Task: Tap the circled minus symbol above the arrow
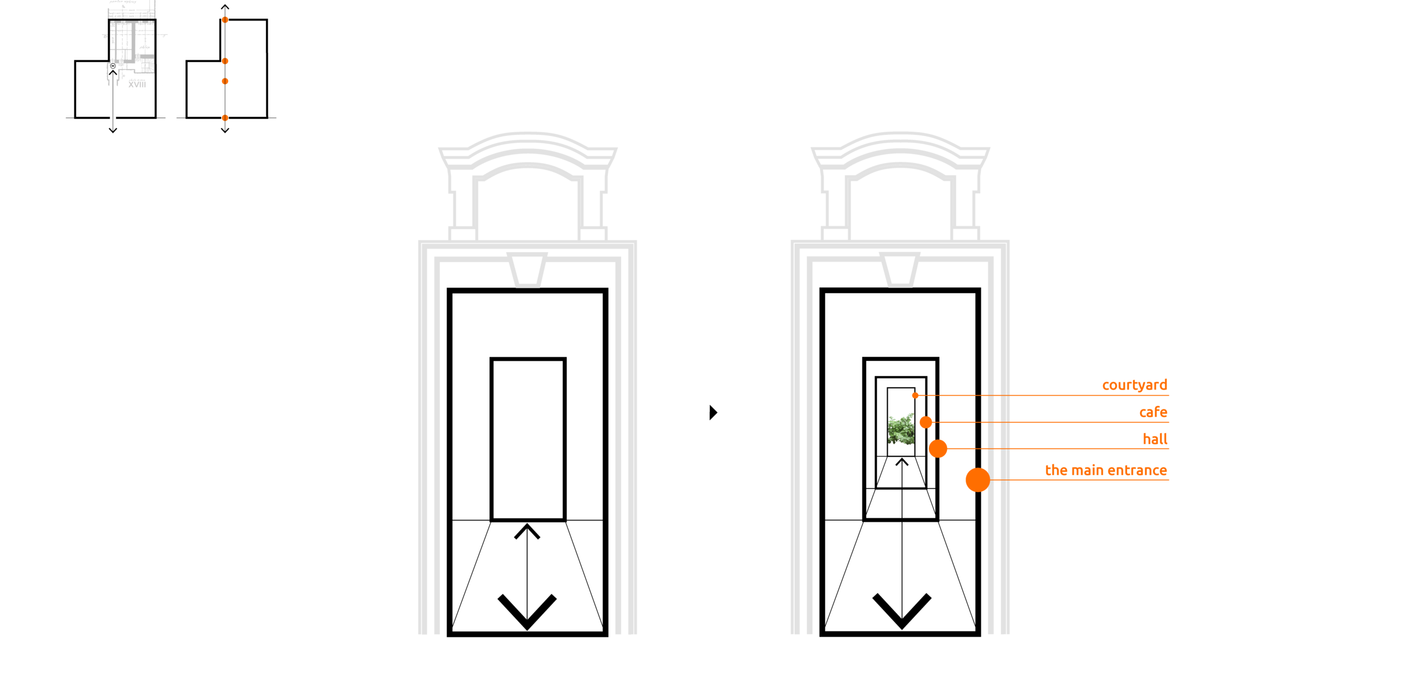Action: click(113, 66)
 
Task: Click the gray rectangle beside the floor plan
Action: click(171, 102)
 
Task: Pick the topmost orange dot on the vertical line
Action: click(225, 20)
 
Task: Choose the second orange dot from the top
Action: click(225, 61)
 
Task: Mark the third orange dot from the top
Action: click(225, 81)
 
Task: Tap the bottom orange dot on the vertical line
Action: click(225, 118)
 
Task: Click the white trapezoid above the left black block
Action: click(527, 271)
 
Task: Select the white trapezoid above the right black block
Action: click(900, 271)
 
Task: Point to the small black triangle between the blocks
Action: click(713, 415)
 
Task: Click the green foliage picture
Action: click(901, 430)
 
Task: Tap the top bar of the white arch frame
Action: click(901, 382)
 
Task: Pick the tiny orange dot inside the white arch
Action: click(915, 395)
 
